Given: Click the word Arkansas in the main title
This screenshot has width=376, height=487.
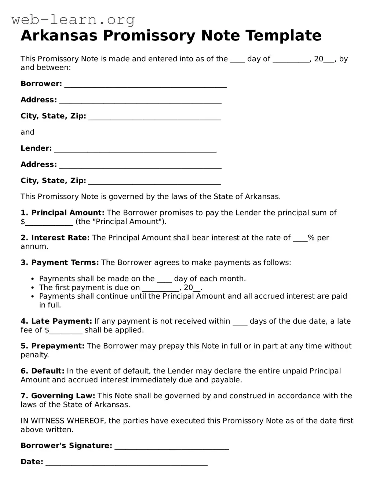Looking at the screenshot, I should click(59, 36).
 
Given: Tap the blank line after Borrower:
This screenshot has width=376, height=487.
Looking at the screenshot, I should click(145, 84).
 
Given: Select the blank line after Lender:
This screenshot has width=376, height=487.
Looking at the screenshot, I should click(135, 149).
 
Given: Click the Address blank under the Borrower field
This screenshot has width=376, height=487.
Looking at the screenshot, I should click(140, 101).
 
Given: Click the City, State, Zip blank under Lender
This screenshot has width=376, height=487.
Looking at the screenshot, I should click(154, 181).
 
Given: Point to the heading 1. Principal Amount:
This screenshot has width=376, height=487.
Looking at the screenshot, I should click(62, 213).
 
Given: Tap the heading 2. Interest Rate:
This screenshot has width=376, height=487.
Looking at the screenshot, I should click(55, 238).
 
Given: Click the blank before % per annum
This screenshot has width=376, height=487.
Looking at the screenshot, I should click(300, 239).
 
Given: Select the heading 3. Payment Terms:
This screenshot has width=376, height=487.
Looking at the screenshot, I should click(59, 263).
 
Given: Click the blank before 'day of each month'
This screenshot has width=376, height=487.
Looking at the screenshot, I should click(164, 280).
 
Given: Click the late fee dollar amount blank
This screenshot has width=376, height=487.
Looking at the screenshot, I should click(66, 331).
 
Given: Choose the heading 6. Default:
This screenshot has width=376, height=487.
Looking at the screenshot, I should click(42, 371).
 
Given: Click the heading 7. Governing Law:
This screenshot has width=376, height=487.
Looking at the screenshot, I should click(58, 396).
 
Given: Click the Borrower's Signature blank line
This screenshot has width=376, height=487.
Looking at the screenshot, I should click(172, 447).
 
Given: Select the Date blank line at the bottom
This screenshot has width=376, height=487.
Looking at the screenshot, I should click(127, 463).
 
